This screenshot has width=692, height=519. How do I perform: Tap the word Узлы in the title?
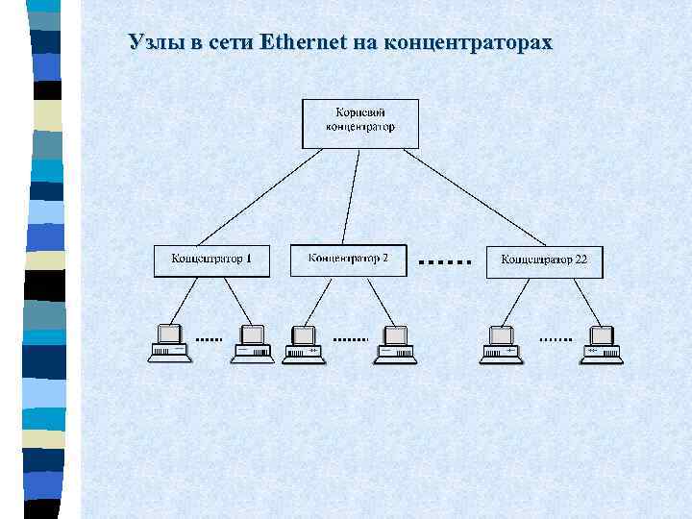point(154,42)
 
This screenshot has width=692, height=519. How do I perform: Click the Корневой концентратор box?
point(360,123)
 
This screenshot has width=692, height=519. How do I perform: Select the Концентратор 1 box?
point(211,260)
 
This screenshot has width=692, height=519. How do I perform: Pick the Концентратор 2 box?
point(348,259)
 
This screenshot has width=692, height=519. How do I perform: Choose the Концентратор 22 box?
point(544,261)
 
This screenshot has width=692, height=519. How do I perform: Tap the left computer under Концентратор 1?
point(169,343)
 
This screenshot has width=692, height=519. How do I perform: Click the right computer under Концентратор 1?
point(253,343)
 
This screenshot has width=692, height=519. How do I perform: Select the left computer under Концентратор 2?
point(305,343)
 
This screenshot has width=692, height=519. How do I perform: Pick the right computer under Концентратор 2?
point(395,343)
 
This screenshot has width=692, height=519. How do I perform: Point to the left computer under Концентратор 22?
point(500,343)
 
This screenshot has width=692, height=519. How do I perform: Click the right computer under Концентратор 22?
point(602,343)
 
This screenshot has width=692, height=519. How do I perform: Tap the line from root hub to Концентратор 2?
point(352,197)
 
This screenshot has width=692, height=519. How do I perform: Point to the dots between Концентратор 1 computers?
point(210,339)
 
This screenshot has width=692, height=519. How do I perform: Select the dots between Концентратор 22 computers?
point(555,339)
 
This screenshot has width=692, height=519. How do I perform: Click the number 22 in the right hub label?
point(581,260)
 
